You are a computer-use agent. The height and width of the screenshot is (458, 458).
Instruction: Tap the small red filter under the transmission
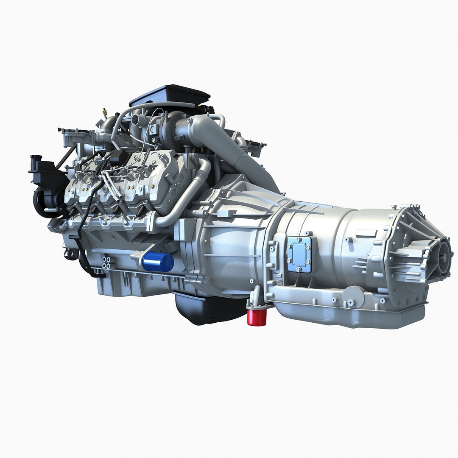click(257, 318)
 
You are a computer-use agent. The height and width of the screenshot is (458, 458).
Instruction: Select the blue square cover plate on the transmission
click(299, 254)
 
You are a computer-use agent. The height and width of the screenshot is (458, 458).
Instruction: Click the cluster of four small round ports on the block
click(106, 263)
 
